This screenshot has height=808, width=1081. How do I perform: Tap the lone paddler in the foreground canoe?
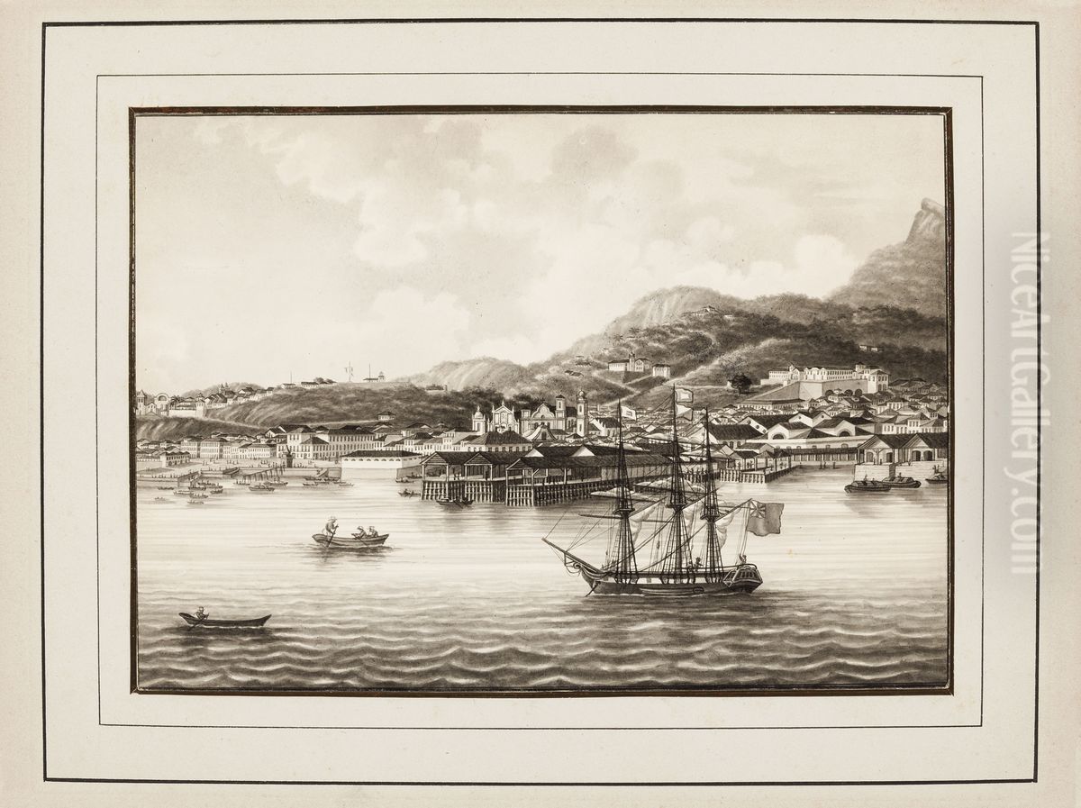(x=200, y=613)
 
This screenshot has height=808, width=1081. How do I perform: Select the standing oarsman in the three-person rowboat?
(x=331, y=528)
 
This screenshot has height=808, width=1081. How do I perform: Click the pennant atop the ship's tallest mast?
(x=684, y=395)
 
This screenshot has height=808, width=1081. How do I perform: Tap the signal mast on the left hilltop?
(x=349, y=371)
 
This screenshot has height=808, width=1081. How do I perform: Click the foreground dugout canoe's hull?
(x=225, y=621)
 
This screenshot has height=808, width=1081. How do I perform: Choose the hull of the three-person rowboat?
(x=350, y=540)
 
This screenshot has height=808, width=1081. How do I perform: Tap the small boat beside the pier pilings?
(x=454, y=501)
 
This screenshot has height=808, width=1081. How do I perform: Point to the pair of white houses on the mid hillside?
(x=639, y=366)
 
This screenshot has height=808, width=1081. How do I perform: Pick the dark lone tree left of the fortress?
(x=741, y=384)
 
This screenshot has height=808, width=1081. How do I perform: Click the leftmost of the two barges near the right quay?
(x=867, y=486)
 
